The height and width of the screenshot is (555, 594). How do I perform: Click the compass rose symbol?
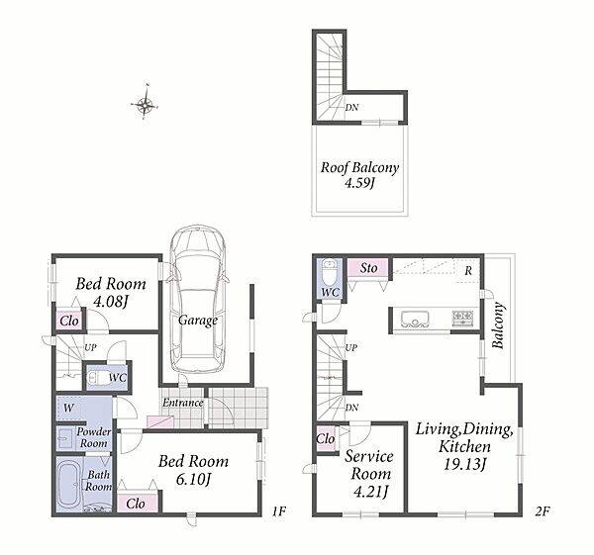click(x=145, y=103)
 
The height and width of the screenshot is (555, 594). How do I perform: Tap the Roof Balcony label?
click(x=359, y=167)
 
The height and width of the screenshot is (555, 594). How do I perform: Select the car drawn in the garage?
click(x=197, y=299)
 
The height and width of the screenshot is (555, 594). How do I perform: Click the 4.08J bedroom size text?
click(x=111, y=302)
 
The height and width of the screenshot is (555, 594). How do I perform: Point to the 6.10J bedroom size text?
click(x=193, y=480)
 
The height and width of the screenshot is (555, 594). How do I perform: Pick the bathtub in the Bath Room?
click(x=69, y=482)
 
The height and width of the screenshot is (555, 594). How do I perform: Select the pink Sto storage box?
click(x=368, y=268)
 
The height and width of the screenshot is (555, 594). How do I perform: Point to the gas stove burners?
click(x=462, y=318)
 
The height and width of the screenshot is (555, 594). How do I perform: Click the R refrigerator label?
click(x=468, y=271)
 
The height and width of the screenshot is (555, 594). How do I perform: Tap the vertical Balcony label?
click(x=498, y=325)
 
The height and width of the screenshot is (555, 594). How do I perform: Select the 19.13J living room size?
click(x=464, y=464)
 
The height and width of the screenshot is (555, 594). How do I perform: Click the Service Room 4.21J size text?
click(x=370, y=492)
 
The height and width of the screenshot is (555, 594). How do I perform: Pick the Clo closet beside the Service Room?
click(x=326, y=439)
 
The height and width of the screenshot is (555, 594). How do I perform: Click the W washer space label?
click(x=68, y=408)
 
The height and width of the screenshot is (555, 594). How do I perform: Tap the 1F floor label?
click(x=278, y=511)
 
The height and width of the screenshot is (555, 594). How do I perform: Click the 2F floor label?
click(x=543, y=511)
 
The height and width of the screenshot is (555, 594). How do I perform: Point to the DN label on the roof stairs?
click(x=351, y=108)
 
